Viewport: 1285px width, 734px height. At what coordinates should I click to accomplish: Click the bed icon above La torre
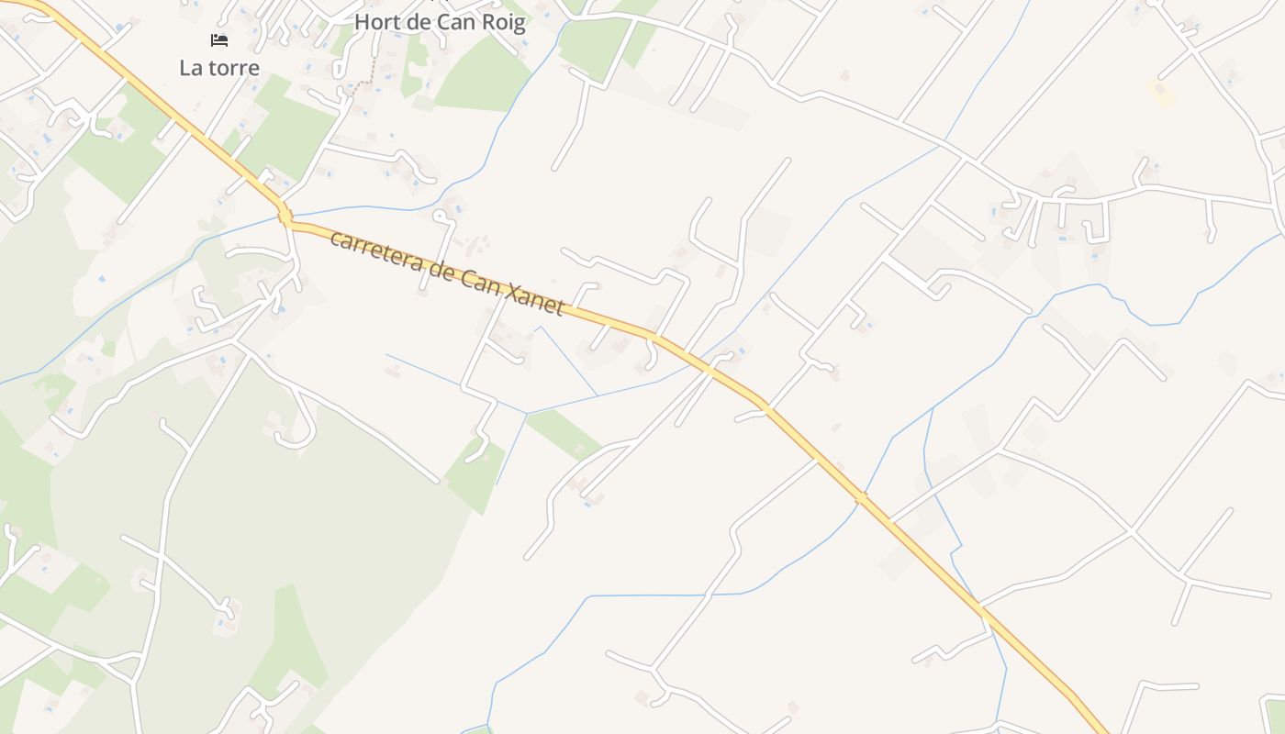point(218,39)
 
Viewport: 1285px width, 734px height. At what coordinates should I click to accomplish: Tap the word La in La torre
point(193,68)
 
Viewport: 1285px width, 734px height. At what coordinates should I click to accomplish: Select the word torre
point(234,68)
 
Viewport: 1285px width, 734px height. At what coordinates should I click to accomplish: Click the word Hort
point(375,21)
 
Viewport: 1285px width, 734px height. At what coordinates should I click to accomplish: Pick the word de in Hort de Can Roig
point(421,21)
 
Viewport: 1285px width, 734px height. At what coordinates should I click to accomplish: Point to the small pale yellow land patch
point(1161,91)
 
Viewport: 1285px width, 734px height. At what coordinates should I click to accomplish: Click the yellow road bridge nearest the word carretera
point(285,217)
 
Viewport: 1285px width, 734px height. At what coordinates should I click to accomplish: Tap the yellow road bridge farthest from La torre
point(860,497)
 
